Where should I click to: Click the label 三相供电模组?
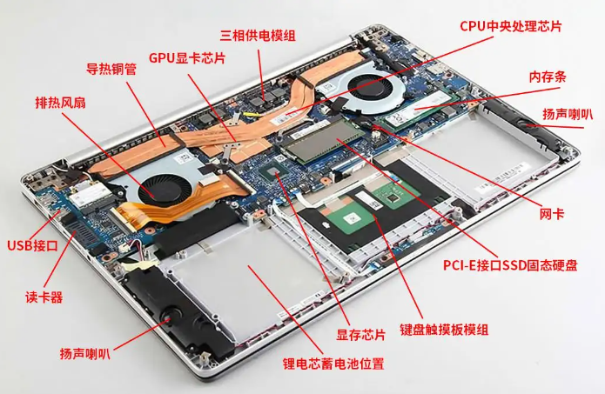click(258, 35)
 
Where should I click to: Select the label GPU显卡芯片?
click(187, 58)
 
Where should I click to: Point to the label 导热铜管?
click(111, 69)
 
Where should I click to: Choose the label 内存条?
click(548, 77)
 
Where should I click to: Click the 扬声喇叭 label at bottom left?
click(85, 353)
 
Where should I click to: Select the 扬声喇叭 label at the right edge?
click(568, 114)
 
